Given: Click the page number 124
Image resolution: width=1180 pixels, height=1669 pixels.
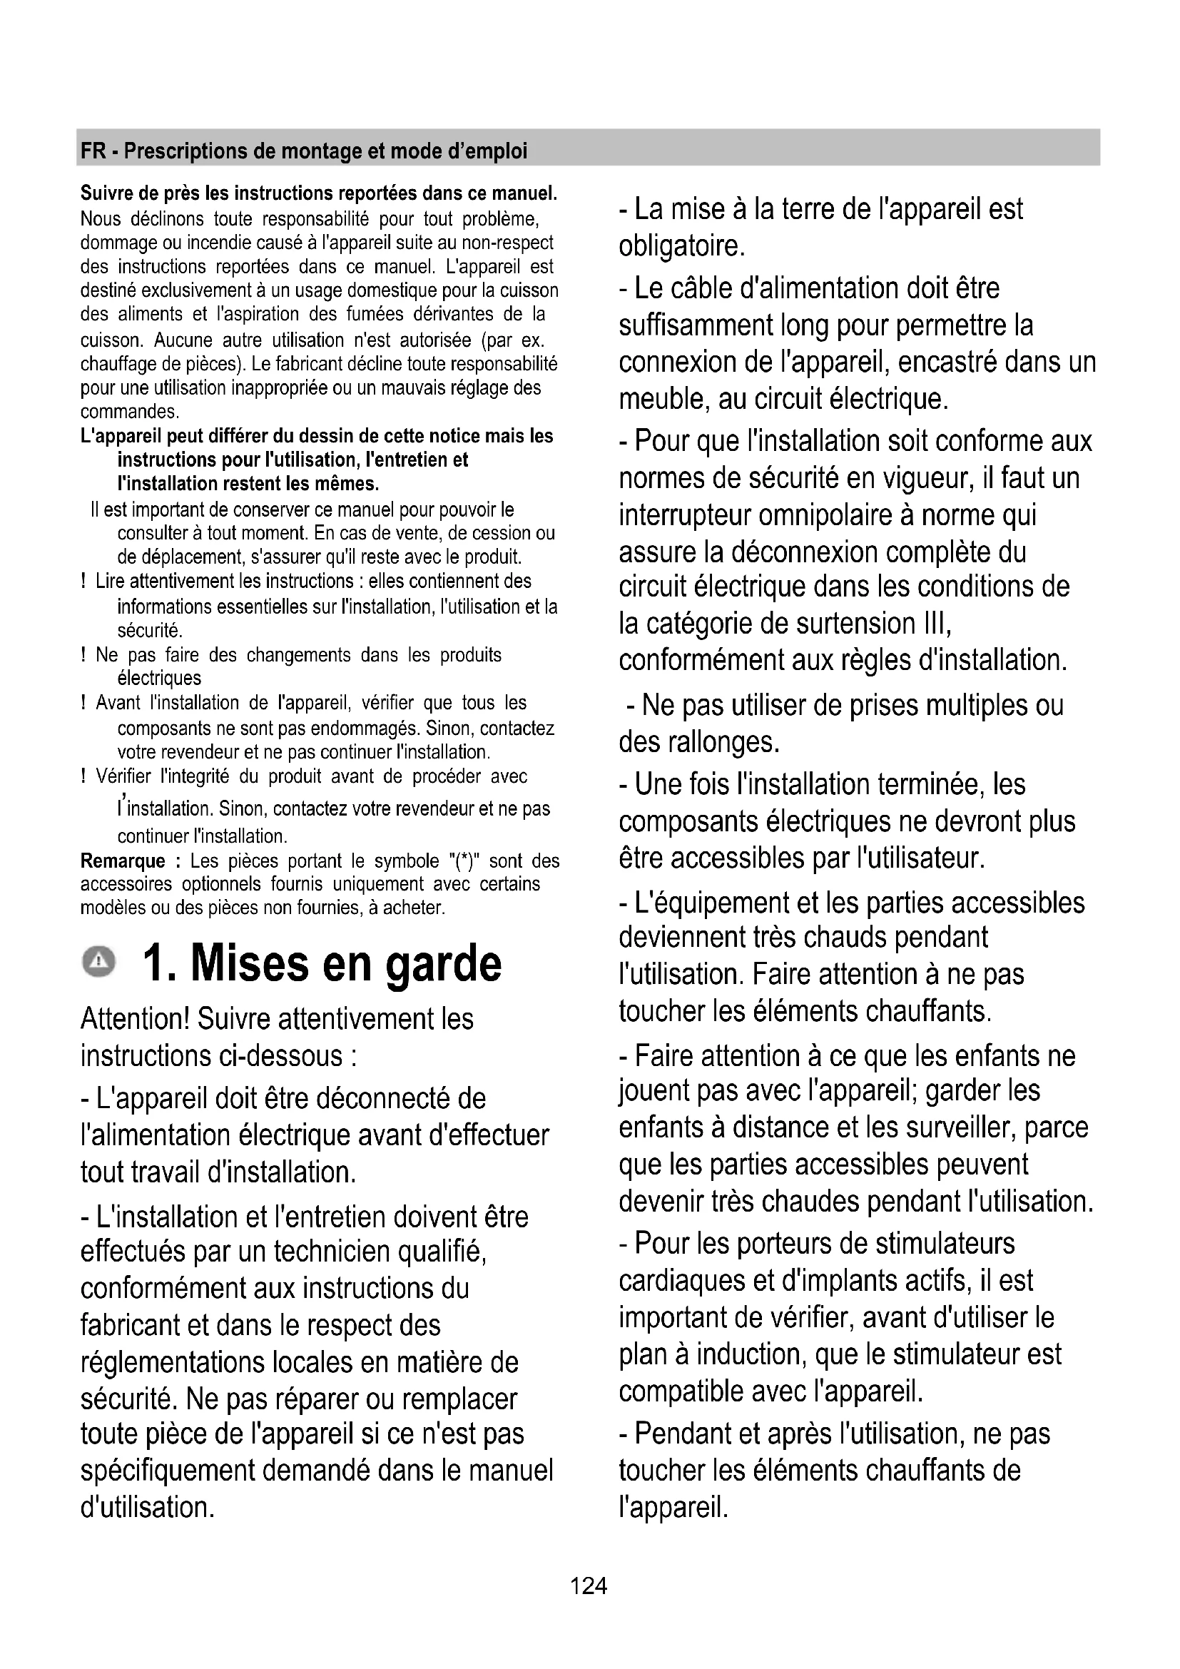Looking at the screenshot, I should tap(589, 1586).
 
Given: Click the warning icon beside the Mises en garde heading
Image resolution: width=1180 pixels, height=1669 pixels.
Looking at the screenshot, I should tap(98, 963).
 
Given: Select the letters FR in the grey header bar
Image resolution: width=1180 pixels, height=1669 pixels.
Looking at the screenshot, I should tap(93, 151).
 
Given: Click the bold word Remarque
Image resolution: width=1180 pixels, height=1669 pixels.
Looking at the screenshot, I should tap(123, 861).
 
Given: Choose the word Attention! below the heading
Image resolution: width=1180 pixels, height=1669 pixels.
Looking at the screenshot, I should tap(134, 1019).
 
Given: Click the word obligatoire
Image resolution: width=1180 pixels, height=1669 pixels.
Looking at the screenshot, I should tap(681, 246).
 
